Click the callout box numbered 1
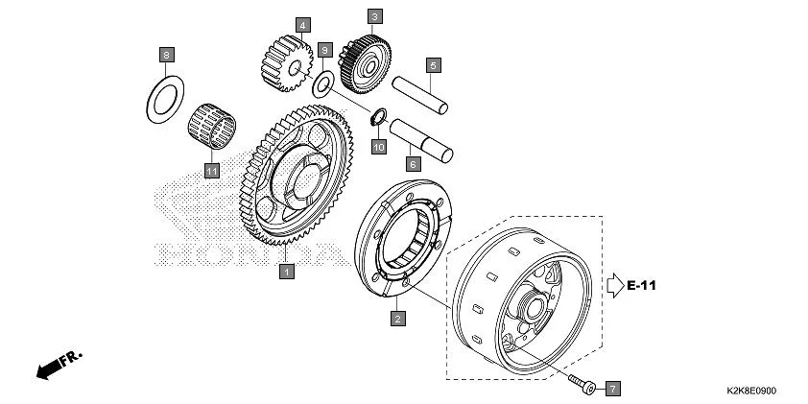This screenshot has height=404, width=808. coord(285,272)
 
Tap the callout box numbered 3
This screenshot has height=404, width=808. coord(374,16)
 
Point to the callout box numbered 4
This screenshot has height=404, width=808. coord(302,24)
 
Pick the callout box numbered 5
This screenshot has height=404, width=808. coord(434,65)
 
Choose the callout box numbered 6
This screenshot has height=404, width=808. coord(414,164)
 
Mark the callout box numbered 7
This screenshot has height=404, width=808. coord(612,389)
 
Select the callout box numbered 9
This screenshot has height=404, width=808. coord(325,49)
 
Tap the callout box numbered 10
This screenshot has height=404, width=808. coord(378,147)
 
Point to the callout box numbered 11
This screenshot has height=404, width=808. coord(211,171)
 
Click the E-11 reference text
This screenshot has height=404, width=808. coord(644,285)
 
